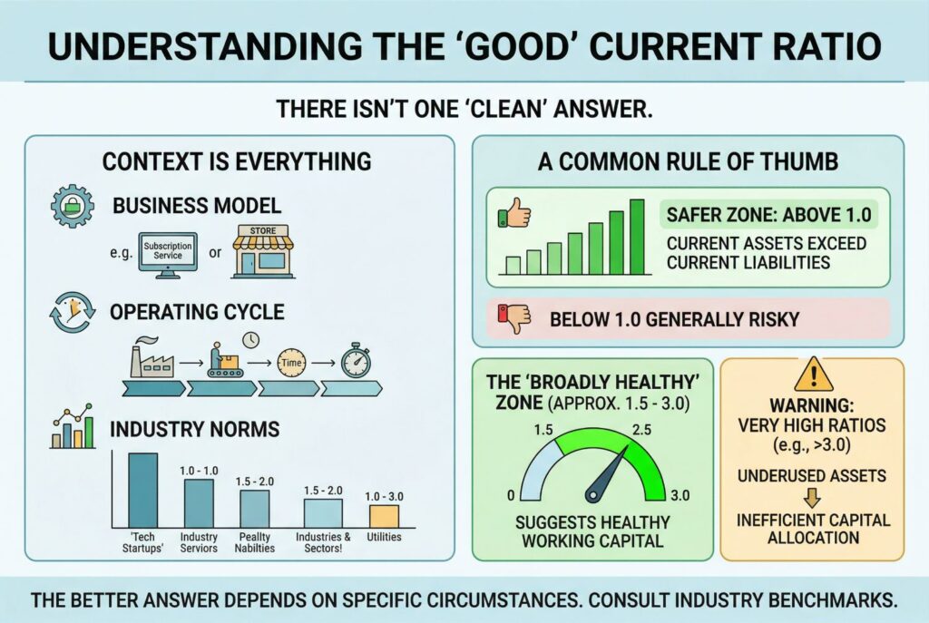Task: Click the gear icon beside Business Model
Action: point(73,206)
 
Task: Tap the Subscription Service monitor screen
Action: point(168,251)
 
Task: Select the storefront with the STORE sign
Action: point(262,250)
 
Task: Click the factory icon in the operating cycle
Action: point(152,357)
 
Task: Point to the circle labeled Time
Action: point(291,363)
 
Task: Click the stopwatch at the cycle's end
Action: point(356,361)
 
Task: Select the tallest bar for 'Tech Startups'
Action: point(142,491)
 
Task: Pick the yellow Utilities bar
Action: point(384,516)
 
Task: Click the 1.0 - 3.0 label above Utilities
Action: point(384,496)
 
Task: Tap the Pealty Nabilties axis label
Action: point(255,542)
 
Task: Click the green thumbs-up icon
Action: point(513,212)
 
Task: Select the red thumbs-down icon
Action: point(513,318)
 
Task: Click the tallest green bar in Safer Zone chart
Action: point(637,237)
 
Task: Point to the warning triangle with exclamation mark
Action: point(814,375)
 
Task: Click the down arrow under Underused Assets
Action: point(812,498)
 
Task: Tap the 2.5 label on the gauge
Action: point(641,429)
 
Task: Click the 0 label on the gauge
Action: point(511,496)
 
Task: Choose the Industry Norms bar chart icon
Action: point(73,426)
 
